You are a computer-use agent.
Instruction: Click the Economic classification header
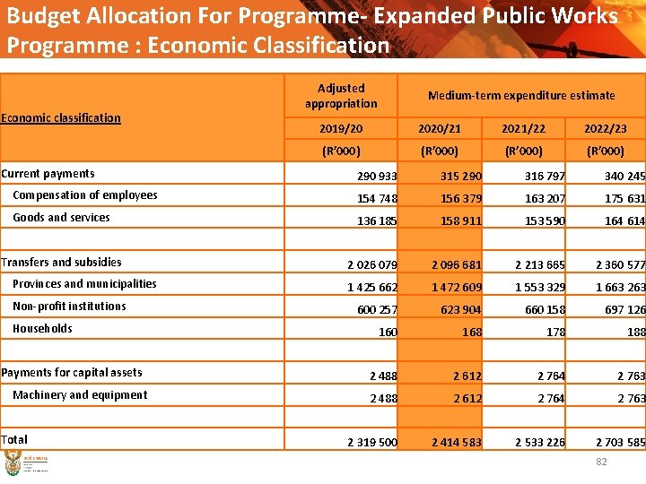click(61, 117)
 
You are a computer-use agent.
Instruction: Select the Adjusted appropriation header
click(341, 96)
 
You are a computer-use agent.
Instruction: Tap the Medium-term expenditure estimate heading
click(521, 95)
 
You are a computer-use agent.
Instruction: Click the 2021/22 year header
click(522, 129)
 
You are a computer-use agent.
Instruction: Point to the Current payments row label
click(48, 174)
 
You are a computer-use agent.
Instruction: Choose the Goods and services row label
click(61, 218)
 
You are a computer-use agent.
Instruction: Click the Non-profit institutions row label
click(69, 307)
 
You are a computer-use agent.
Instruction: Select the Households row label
click(42, 329)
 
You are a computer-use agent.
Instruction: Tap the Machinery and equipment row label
click(80, 395)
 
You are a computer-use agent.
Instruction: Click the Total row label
click(14, 439)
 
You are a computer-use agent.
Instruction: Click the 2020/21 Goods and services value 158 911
click(457, 220)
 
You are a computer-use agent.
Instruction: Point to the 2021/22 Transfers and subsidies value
click(539, 265)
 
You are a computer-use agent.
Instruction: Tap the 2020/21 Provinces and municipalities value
click(457, 288)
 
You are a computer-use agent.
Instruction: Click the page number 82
click(602, 462)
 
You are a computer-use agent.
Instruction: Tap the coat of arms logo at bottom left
click(13, 464)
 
